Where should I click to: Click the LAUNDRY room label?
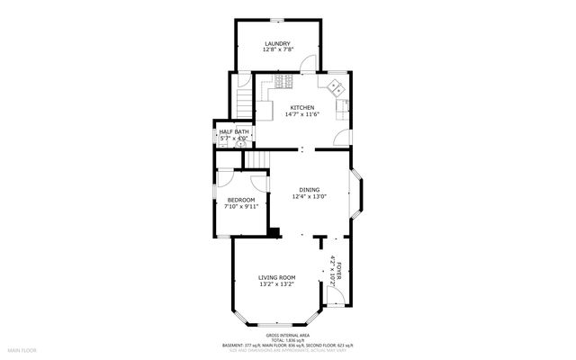[x=276, y=44]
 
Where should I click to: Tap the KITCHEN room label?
[x=301, y=107]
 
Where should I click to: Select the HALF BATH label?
[x=234, y=132]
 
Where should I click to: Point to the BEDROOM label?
[x=240, y=200]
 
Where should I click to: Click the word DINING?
[x=310, y=189]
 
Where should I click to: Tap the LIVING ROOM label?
[x=276, y=277]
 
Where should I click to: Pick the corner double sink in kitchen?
[x=334, y=86]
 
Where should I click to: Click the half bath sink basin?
[x=241, y=141]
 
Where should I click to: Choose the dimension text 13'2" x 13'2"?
[x=276, y=284]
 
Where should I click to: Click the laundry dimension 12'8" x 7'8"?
[x=276, y=51]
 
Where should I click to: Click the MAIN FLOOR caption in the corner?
[x=22, y=349]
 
